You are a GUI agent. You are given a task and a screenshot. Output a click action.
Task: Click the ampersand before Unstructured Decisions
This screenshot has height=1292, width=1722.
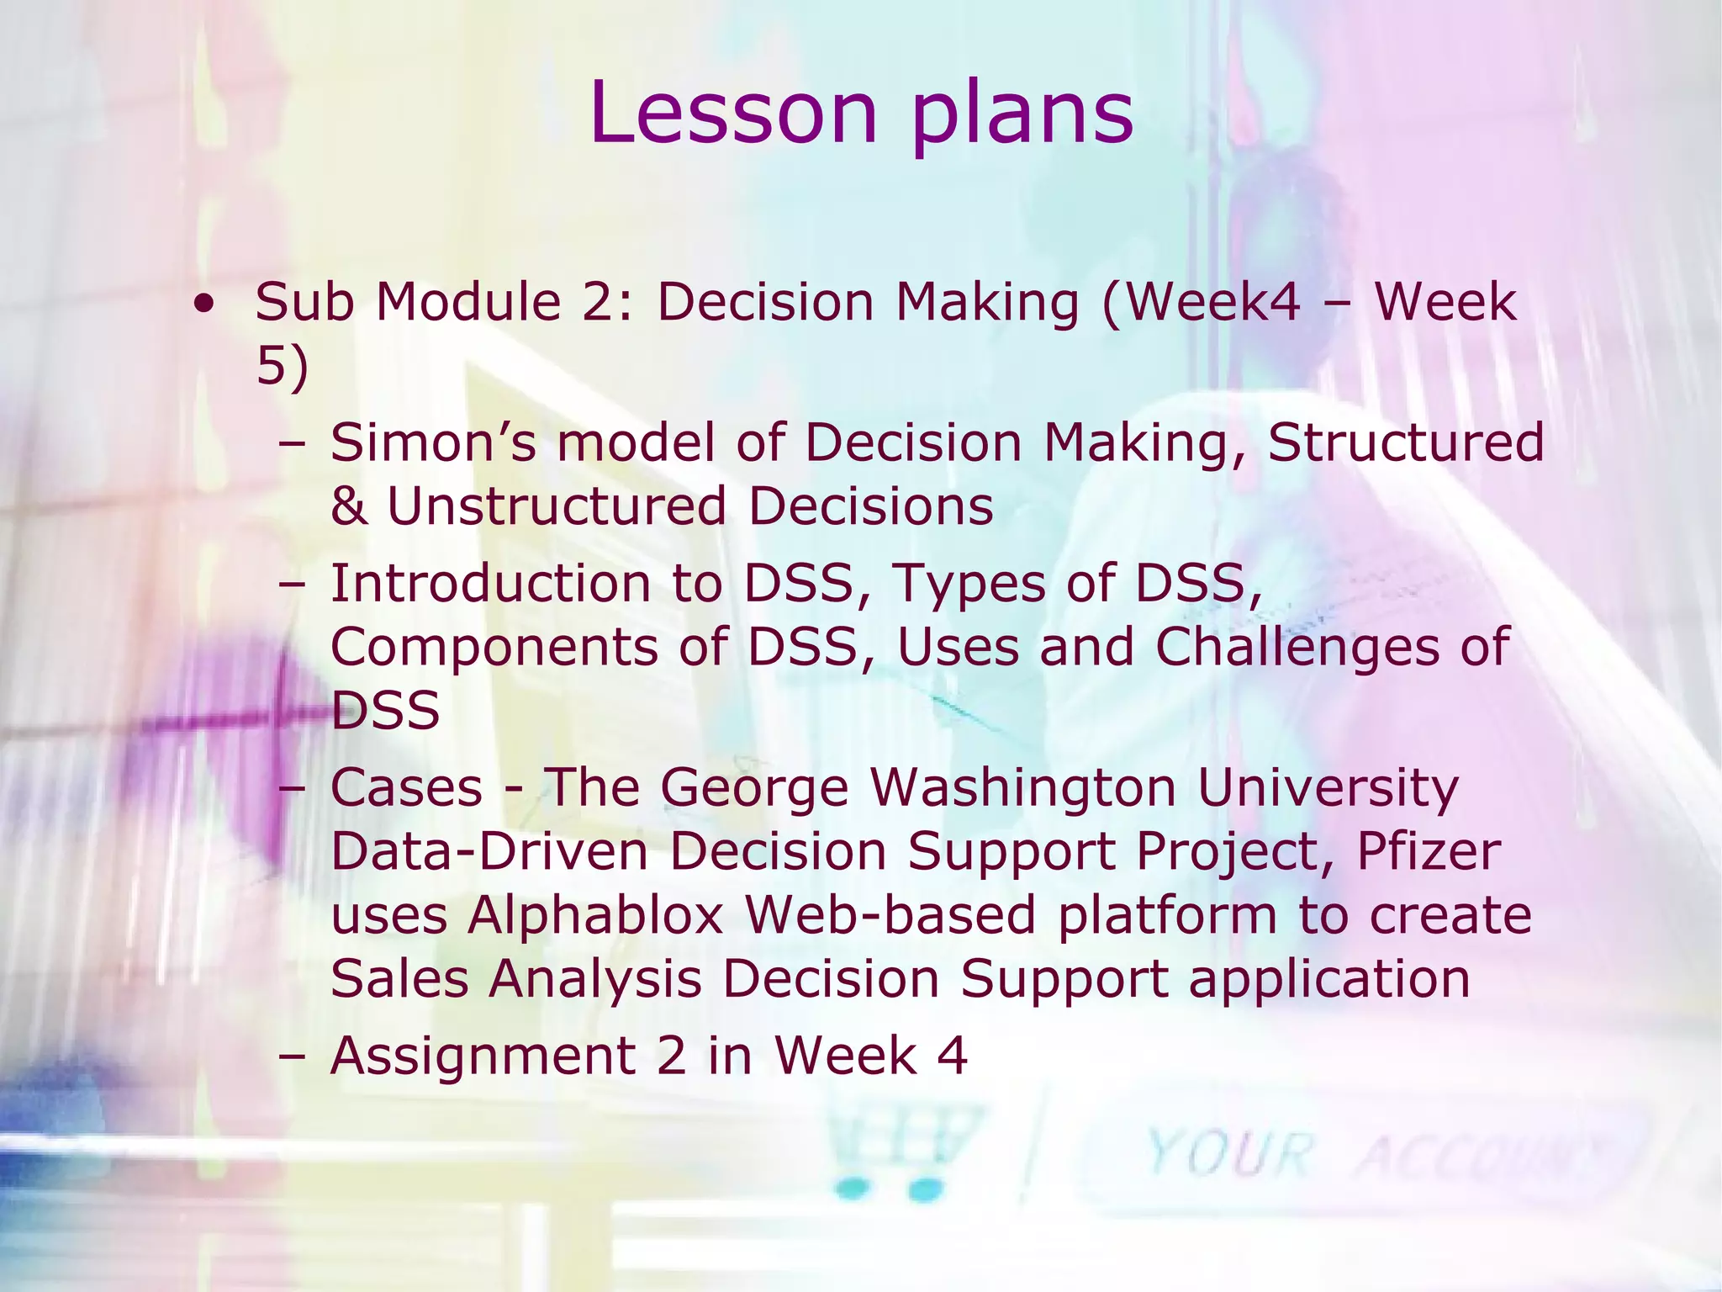coord(349,507)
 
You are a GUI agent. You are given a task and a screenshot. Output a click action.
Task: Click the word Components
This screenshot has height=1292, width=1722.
coord(494,649)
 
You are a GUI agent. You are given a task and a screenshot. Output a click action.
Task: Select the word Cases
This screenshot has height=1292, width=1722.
coord(406,788)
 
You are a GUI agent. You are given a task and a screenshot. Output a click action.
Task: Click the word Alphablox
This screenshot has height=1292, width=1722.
coord(595,915)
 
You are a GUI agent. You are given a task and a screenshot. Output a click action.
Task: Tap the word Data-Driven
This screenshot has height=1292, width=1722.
coord(489,851)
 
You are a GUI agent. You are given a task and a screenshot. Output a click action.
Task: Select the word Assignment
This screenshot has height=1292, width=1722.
coord(483,1057)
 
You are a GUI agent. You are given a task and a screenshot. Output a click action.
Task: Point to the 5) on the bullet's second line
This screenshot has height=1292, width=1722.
coord(282,368)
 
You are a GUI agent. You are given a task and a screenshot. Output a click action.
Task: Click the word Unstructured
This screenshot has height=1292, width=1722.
coord(555,507)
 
